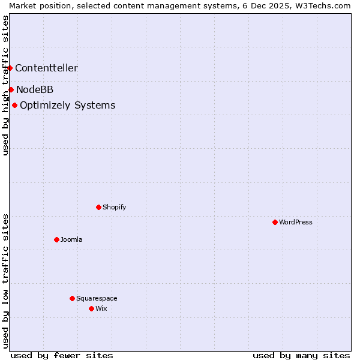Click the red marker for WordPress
[x=275, y=222]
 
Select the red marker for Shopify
[x=98, y=207]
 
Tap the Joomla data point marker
[x=56, y=239]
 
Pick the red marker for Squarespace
[x=72, y=298]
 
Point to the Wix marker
[x=91, y=308]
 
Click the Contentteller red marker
[x=10, y=68]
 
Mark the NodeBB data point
[x=11, y=89]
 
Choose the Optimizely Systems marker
[x=14, y=105]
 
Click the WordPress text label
[x=296, y=222]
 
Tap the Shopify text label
[x=115, y=207]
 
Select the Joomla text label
[x=71, y=239]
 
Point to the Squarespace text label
[x=97, y=298]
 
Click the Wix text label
[x=101, y=308]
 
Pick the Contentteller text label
[x=46, y=68]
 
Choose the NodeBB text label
[x=35, y=89]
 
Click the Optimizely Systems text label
[x=68, y=105]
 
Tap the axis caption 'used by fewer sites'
[x=62, y=355]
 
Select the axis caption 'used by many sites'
[x=301, y=355]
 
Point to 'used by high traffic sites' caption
[x=5, y=85]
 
